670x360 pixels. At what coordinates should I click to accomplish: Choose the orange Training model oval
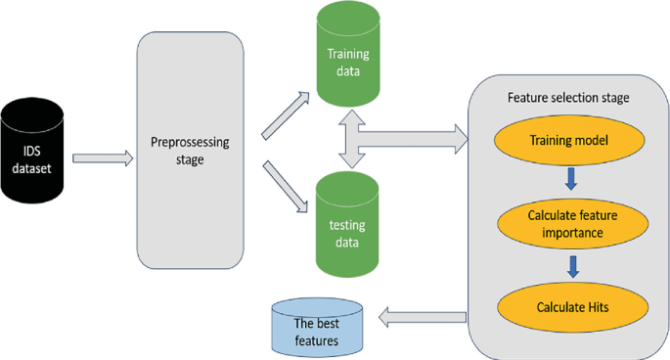pos(568,142)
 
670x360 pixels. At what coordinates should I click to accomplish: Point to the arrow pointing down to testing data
pos(285,187)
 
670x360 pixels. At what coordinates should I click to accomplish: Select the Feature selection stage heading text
pos(568,99)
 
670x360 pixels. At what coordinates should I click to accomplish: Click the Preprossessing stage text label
pos(191,151)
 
